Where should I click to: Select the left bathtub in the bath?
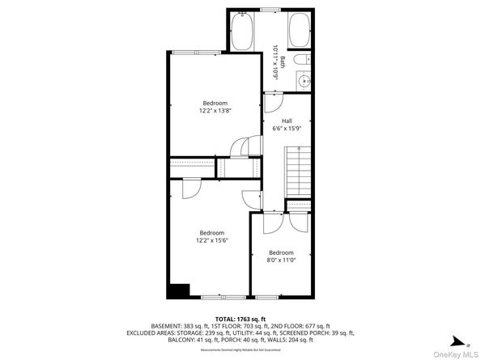[x=241, y=30]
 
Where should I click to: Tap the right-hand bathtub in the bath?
[x=298, y=30]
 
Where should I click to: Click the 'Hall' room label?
[x=287, y=120]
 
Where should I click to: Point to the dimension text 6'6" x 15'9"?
[x=287, y=128]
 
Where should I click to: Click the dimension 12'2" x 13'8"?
[x=215, y=111]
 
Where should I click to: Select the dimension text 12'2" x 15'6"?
[x=213, y=240]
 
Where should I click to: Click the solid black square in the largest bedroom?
[x=178, y=290]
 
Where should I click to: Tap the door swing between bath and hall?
[x=273, y=104]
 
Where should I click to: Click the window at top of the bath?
[x=270, y=9]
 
